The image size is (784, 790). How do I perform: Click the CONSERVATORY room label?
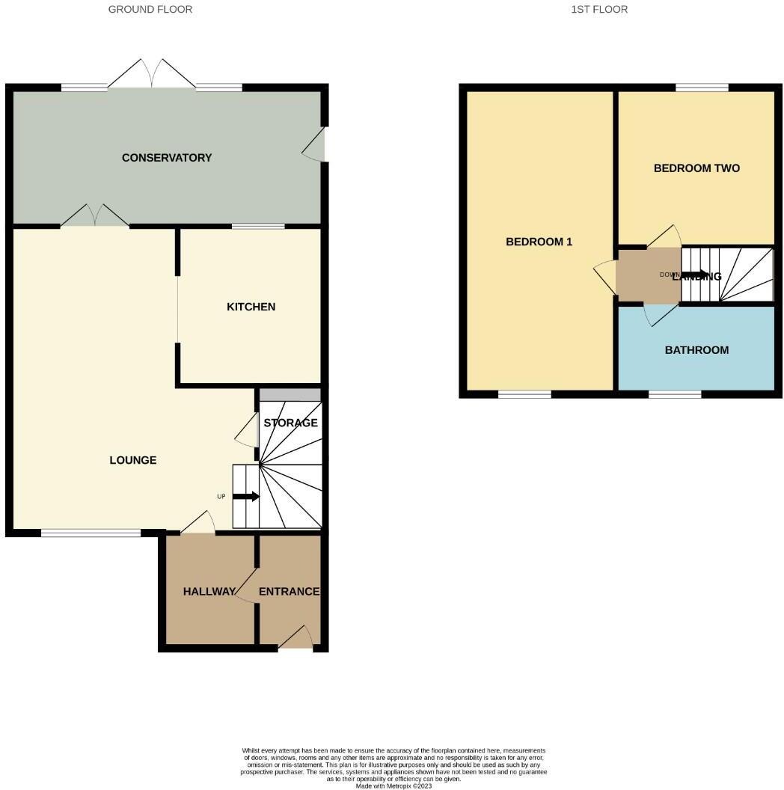coord(167,158)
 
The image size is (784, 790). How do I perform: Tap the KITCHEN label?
coord(251,307)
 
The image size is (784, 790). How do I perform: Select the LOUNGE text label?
coord(133,460)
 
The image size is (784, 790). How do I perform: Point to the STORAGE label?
coord(290,423)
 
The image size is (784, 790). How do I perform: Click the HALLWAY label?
coord(209,592)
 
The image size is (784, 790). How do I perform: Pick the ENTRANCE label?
coord(289,592)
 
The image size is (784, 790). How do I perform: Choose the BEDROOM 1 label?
coord(539,242)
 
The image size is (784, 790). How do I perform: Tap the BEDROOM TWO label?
coord(696,168)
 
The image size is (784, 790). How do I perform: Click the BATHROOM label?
coord(696,350)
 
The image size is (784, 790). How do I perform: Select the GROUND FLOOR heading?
coord(150,10)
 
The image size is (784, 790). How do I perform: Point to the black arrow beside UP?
coord(247,496)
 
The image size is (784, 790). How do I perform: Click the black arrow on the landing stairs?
coord(695,275)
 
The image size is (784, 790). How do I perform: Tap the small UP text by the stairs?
coord(221,497)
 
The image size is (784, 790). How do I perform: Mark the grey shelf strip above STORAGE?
coord(290,395)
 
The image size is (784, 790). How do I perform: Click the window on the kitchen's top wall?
coord(258,226)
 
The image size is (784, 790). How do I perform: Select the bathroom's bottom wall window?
coord(675,394)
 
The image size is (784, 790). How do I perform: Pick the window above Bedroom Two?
coord(702,88)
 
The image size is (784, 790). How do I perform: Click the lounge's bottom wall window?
coord(91,533)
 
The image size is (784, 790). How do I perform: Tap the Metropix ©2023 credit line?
coord(393,786)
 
